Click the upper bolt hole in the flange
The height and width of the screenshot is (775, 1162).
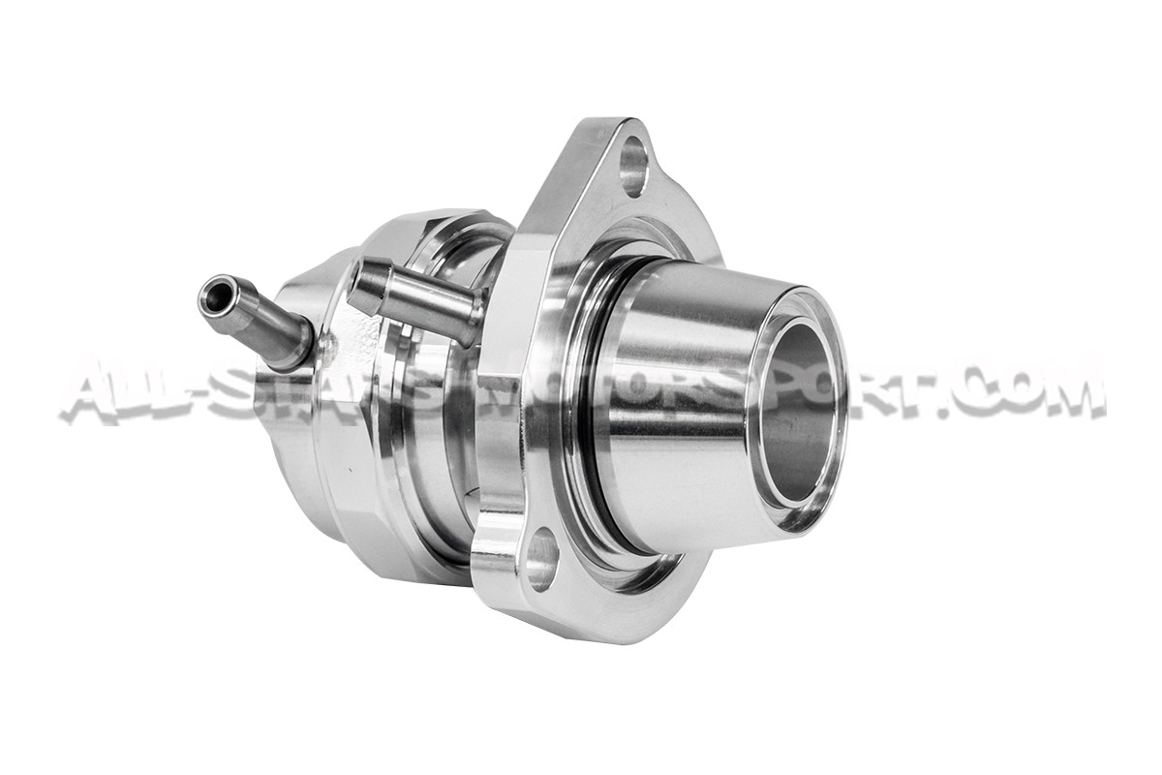(633, 166)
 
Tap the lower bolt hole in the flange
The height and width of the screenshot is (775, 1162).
(541, 560)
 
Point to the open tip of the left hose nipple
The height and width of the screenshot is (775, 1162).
(214, 295)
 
